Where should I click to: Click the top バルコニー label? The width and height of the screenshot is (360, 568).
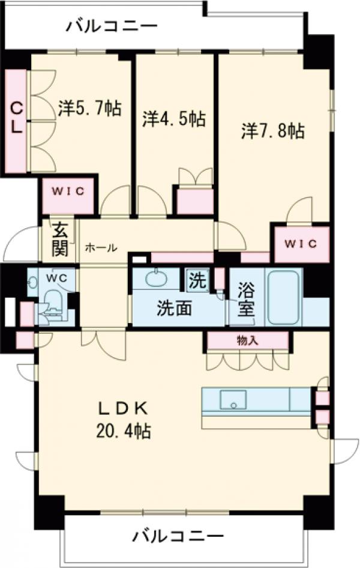pyautogui.click(x=112, y=26)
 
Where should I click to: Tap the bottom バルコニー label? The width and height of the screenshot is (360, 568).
pyautogui.click(x=178, y=534)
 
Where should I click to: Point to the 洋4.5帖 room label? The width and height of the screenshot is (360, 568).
pyautogui.click(x=174, y=118)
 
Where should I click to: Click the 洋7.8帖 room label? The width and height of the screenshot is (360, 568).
pyautogui.click(x=273, y=130)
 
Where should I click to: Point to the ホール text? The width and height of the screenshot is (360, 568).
pyautogui.click(x=100, y=247)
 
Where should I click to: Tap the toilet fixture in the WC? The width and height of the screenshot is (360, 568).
pyautogui.click(x=55, y=303)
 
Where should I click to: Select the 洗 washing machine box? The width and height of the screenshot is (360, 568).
pyautogui.click(x=196, y=279)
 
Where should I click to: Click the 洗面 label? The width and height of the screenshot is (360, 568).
pyautogui.click(x=175, y=308)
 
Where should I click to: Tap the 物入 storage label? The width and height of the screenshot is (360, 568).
pyautogui.click(x=247, y=340)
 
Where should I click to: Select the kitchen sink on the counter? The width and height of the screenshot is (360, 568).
pyautogui.click(x=233, y=399)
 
